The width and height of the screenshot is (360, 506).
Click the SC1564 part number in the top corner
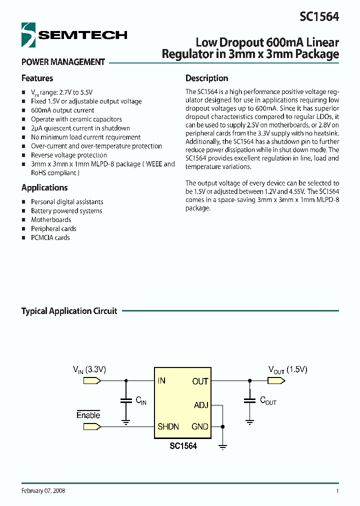(319, 16)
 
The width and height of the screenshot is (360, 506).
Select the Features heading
(37, 78)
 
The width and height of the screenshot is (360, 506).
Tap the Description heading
(206, 78)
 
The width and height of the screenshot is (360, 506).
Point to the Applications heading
(44, 188)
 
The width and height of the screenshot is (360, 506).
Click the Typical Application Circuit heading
(69, 311)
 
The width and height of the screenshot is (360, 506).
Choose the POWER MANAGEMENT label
(63, 62)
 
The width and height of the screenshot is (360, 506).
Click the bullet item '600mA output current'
(62, 110)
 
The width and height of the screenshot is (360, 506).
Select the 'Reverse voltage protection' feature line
(69, 155)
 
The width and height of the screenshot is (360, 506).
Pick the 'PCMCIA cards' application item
(50, 238)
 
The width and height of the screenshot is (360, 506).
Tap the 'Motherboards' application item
(51, 220)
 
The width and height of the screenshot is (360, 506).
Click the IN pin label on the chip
(161, 381)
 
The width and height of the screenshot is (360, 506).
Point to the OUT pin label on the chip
(200, 381)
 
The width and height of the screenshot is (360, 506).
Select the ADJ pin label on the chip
(200, 405)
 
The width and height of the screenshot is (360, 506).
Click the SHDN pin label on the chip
(168, 427)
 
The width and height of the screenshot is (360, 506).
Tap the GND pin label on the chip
(200, 427)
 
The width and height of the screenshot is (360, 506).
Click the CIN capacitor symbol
(125, 400)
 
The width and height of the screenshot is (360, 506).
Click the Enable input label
(88, 415)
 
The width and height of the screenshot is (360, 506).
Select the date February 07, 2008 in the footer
(43, 491)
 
